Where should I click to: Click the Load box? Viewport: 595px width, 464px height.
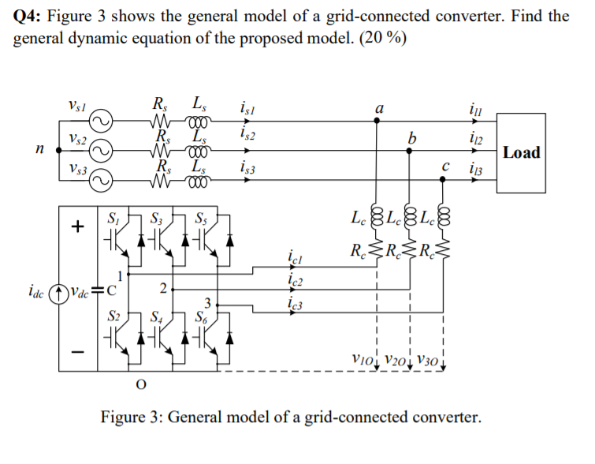[522, 152]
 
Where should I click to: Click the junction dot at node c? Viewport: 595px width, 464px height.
[441, 180]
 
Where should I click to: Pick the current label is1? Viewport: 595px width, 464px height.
[245, 109]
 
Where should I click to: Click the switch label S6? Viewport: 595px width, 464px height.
[202, 318]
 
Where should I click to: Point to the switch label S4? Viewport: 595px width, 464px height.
[156, 318]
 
